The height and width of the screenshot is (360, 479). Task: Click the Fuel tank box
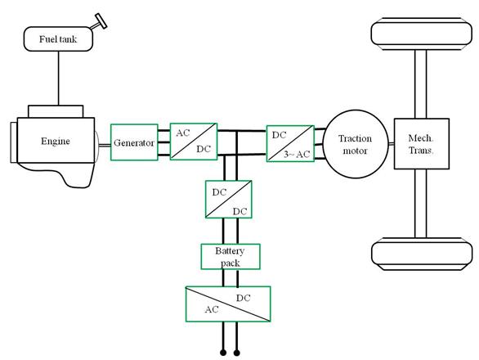pyautogui.click(x=58, y=38)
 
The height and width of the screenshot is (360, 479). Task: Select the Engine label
pyautogui.click(x=56, y=141)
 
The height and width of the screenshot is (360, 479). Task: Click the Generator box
pyautogui.click(x=134, y=142)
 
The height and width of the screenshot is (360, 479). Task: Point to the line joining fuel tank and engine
pyautogui.click(x=58, y=78)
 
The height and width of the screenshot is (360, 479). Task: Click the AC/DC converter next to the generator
pyautogui.click(x=194, y=142)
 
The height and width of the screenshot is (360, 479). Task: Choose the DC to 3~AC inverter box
pyautogui.click(x=290, y=143)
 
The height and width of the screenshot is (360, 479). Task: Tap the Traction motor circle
pyautogui.click(x=356, y=144)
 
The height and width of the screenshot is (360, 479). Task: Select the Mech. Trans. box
pyautogui.click(x=422, y=144)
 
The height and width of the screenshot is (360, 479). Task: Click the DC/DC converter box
pyautogui.click(x=229, y=199)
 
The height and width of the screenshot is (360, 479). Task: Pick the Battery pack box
pyautogui.click(x=231, y=257)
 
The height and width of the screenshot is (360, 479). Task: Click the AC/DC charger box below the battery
pyautogui.click(x=228, y=304)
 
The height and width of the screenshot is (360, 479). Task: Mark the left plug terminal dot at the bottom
pyautogui.click(x=223, y=353)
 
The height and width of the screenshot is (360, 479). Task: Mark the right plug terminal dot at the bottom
pyautogui.click(x=237, y=353)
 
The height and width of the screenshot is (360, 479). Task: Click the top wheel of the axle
pyautogui.click(x=422, y=34)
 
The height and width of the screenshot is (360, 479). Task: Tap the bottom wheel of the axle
pyautogui.click(x=422, y=254)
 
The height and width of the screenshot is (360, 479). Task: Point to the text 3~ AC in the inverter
pyautogui.click(x=297, y=155)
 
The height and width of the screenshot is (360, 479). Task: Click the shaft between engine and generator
pyautogui.click(x=104, y=146)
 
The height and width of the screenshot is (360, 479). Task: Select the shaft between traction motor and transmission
pyautogui.click(x=392, y=144)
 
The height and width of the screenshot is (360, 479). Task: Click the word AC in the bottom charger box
pyautogui.click(x=212, y=309)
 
